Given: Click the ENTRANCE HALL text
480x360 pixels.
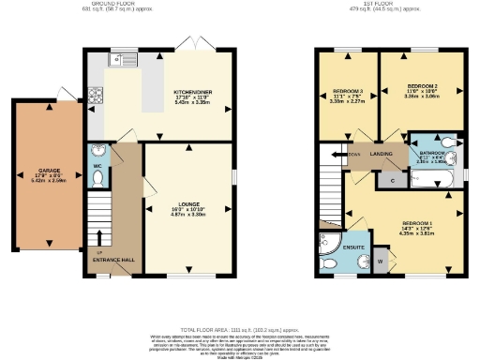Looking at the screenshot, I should pyautogui.click(x=113, y=260).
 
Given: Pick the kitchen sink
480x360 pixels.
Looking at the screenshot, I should pyautogui.click(x=122, y=61).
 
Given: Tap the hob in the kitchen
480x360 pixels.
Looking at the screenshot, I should pyautogui.click(x=96, y=94).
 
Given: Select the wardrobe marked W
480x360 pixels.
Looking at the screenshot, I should pyautogui.click(x=381, y=260).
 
